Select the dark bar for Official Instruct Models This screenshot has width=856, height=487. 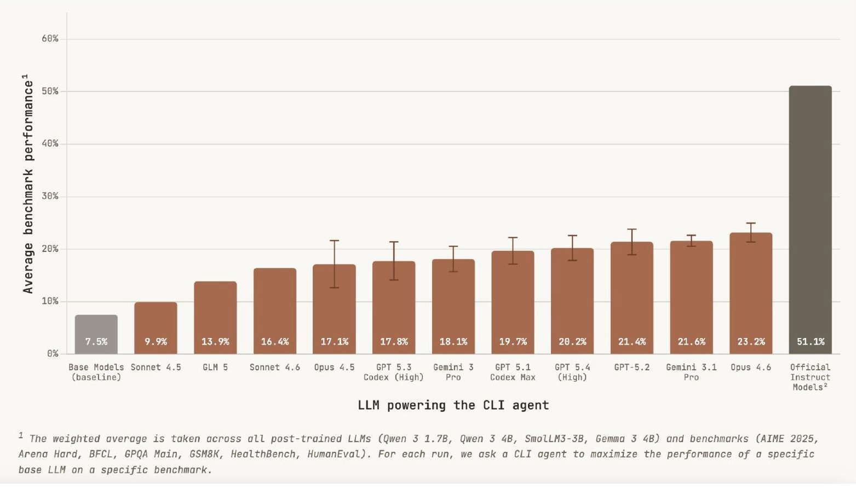coord(810,219)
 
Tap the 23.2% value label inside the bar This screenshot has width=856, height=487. coord(751,341)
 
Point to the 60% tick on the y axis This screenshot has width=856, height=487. coord(50,38)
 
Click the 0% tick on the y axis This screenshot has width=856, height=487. coord(53,353)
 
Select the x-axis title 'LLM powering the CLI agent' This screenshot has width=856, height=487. coord(453,405)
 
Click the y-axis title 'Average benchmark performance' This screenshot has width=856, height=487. coord(28,184)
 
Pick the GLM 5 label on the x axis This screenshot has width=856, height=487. coord(215,367)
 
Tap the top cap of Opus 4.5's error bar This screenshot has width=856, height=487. coord(334,240)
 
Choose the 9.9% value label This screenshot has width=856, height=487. coord(156,341)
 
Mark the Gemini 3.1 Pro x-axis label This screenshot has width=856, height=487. coord(691,372)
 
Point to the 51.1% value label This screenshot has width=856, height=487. coord(810,341)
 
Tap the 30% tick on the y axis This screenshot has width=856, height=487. coord(50,196)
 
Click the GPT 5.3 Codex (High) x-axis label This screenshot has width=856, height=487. coord(394,372)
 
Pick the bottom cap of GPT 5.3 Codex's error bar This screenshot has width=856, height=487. coord(394,280)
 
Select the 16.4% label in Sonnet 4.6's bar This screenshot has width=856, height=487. coord(275,341)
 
